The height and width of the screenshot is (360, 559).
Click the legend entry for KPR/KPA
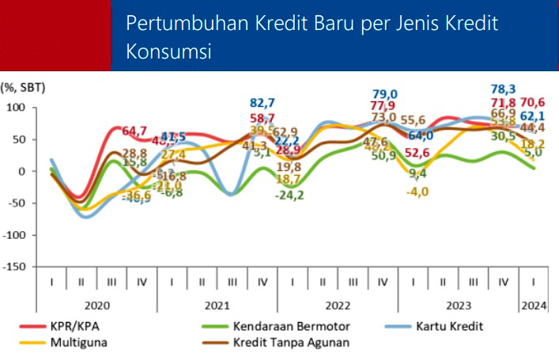tap(81, 326)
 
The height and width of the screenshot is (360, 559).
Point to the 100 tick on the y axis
tap(17, 107)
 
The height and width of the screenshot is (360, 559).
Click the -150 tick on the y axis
tap(14, 267)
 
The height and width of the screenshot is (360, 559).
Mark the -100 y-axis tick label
tap(14, 235)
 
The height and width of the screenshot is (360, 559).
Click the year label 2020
tap(97, 304)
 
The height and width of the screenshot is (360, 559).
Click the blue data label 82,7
tap(263, 103)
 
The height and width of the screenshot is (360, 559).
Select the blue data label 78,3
tap(504, 89)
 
